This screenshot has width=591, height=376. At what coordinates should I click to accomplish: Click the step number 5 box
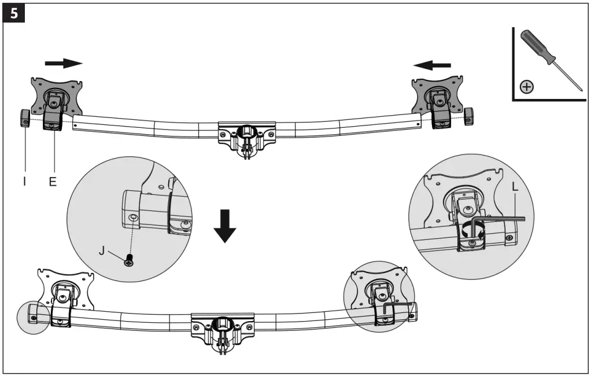tap(14, 13)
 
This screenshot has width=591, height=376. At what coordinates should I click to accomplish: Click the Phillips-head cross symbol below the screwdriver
tap(527, 87)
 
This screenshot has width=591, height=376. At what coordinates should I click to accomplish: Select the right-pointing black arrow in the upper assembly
tap(64, 62)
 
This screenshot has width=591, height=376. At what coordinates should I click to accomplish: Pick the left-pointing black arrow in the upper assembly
tap(433, 65)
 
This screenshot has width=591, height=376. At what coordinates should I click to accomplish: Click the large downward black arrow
tap(224, 227)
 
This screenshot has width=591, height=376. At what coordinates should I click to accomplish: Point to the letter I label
tap(24, 181)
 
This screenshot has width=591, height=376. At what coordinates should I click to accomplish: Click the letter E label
tap(53, 181)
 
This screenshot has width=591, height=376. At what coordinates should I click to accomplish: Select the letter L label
tap(515, 188)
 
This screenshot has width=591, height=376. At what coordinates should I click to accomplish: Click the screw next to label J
tap(130, 261)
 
